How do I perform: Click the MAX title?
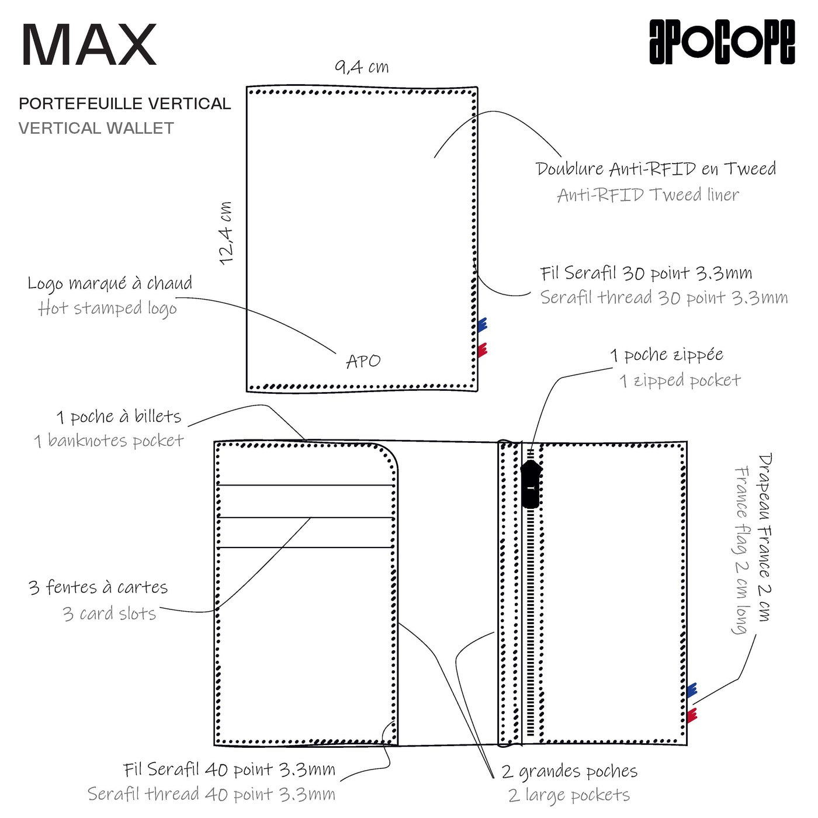pos(89,46)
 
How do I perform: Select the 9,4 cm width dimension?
pos(362,67)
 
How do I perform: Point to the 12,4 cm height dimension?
pos(226,233)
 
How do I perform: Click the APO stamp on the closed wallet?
pos(363,362)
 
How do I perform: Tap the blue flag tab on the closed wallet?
pos(482,325)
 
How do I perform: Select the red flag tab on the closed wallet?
pos(482,350)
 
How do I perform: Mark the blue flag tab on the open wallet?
pos(692,690)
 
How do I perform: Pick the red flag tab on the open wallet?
pos(692,715)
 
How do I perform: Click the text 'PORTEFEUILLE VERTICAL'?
pos(124,104)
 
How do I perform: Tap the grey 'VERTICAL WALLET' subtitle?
pos(96,129)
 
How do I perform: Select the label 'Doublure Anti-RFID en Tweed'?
pos(656,169)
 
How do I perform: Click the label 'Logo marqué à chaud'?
pos(110,283)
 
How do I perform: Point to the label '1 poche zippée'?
pos(667,355)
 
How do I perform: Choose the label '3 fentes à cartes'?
pos(98,587)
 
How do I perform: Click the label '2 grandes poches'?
pos(569,771)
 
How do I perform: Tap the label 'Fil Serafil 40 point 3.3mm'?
pos(229,770)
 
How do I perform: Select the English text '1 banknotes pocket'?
pos(109,441)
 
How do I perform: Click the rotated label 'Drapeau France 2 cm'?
pos(764,537)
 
